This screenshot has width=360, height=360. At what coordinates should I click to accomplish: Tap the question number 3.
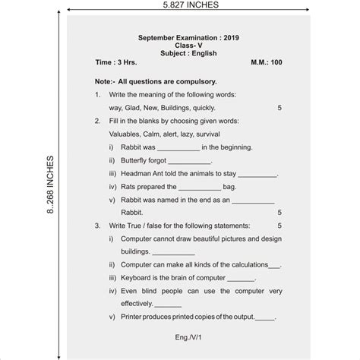(x=97, y=226)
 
